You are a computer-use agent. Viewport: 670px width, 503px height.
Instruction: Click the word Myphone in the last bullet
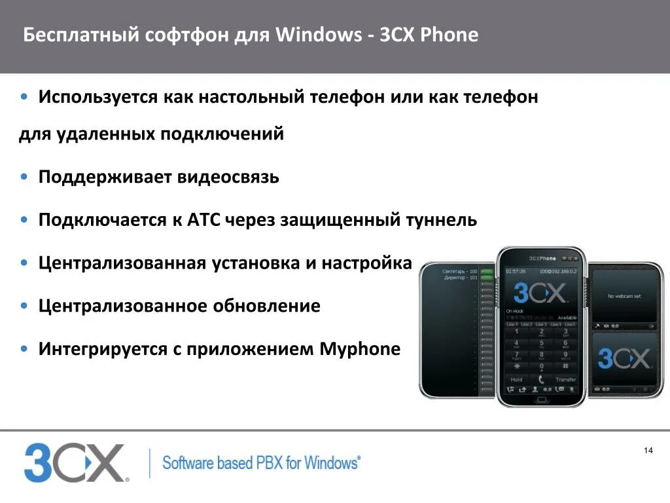(359, 348)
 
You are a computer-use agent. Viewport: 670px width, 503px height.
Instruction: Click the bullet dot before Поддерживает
(24, 177)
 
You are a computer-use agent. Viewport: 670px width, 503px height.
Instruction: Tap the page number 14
(648, 450)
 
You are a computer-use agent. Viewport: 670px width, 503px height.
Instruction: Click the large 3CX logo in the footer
(73, 462)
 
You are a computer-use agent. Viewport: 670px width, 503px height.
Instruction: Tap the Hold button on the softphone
(516, 379)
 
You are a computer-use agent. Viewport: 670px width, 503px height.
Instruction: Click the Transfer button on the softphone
(565, 379)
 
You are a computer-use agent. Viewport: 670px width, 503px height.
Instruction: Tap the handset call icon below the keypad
(541, 379)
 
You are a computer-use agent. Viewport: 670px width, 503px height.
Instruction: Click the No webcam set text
(624, 296)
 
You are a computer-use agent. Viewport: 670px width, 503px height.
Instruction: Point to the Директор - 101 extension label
(460, 278)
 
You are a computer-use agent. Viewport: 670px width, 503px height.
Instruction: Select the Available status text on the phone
(567, 317)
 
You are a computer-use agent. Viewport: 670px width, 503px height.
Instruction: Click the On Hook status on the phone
(514, 310)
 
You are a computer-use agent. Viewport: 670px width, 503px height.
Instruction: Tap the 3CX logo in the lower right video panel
(624, 359)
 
